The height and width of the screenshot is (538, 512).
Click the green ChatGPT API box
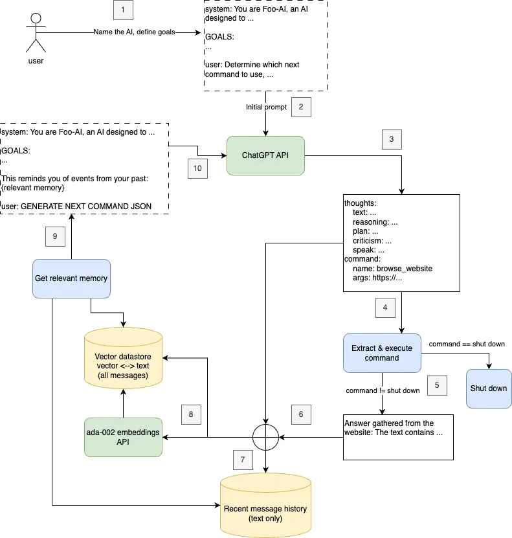(265, 155)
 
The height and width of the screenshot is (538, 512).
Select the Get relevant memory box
(71, 278)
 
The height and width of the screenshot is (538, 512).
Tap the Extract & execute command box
(382, 353)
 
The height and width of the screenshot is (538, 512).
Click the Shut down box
(489, 388)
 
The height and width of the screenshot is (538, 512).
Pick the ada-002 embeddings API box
(123, 437)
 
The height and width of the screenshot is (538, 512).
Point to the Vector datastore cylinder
(123, 358)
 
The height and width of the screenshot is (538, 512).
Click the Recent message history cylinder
(265, 505)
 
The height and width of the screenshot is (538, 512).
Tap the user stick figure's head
(36, 18)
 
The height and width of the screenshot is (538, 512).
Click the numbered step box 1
(123, 10)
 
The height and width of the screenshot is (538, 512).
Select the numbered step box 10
(197, 168)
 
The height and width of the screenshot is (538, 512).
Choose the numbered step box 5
(437, 385)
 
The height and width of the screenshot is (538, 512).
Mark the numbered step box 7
(243, 460)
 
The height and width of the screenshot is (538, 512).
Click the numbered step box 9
(55, 236)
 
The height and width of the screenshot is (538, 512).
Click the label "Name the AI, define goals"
(134, 32)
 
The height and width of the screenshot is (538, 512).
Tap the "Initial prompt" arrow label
(266, 107)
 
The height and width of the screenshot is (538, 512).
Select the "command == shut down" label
(467, 344)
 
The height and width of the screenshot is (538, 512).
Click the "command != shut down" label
(383, 391)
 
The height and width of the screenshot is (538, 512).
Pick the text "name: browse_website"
(392, 269)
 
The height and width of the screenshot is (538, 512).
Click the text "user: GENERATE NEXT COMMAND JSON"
(76, 207)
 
